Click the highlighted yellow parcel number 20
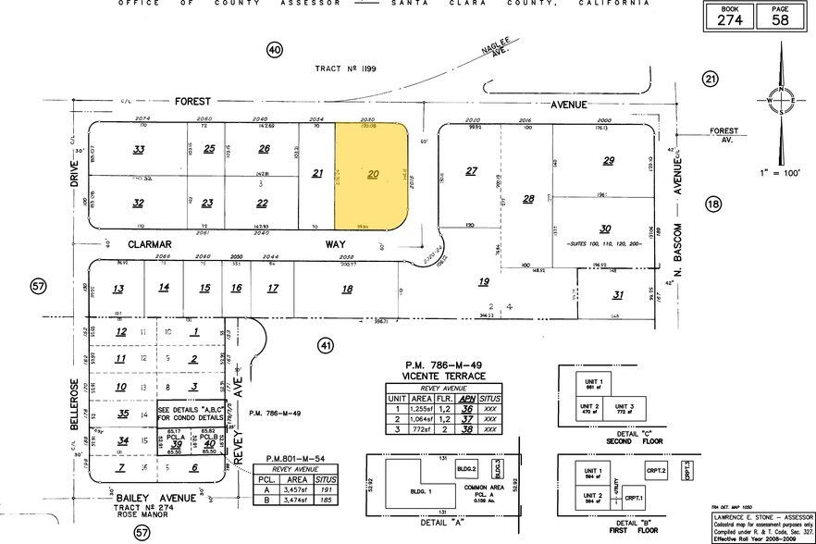coord(374,173)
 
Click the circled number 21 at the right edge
coord(710,80)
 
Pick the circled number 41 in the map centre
coord(325,345)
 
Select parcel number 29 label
coord(608,161)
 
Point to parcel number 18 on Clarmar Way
coord(347,290)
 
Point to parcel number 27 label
coord(471,171)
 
